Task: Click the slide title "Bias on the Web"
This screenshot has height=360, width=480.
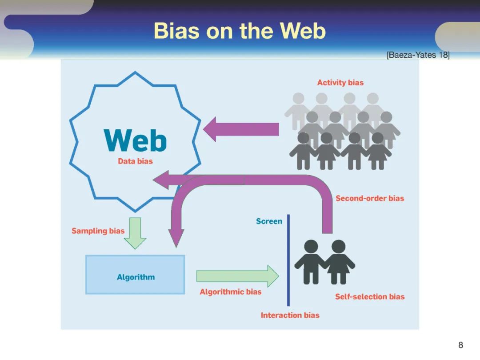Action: pyautogui.click(x=240, y=31)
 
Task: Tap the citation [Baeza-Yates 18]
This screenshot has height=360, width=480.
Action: pyautogui.click(x=418, y=55)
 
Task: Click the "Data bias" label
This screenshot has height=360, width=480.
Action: pyautogui.click(x=135, y=161)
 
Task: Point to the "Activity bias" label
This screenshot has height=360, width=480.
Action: pyautogui.click(x=340, y=83)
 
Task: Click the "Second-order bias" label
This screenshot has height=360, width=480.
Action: pyautogui.click(x=370, y=198)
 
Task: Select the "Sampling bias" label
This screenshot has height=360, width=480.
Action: pyautogui.click(x=98, y=231)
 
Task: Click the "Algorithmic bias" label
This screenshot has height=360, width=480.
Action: pyautogui.click(x=230, y=292)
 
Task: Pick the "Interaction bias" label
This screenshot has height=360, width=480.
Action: pyautogui.click(x=290, y=315)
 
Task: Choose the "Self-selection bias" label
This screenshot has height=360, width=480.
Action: pyautogui.click(x=370, y=297)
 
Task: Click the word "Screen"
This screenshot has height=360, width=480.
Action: pyautogui.click(x=269, y=221)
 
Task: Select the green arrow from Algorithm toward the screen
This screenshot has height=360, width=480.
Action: pyautogui.click(x=237, y=276)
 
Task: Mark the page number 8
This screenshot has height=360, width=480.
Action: pyautogui.click(x=460, y=345)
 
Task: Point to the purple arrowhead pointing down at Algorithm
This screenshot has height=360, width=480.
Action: pyautogui.click(x=176, y=238)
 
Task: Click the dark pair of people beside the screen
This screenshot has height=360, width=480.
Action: pyautogui.click(x=324, y=262)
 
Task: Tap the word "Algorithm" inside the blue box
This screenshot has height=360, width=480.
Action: pyautogui.click(x=136, y=277)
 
